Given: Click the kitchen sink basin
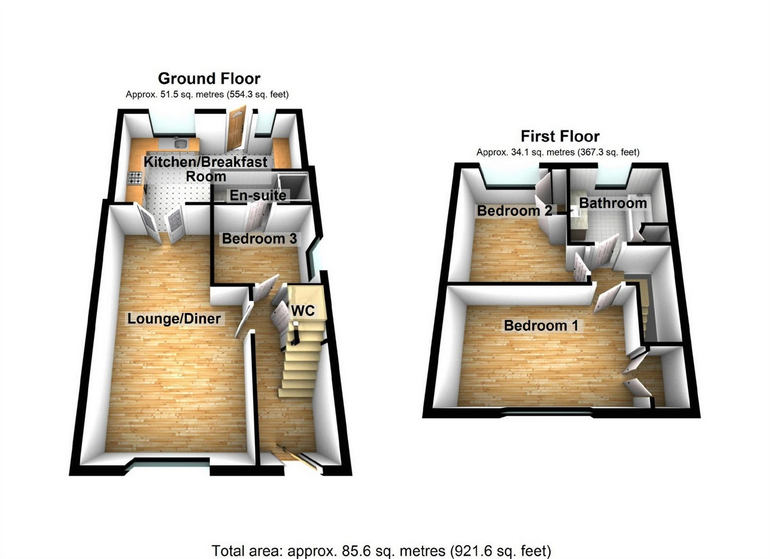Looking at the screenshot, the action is point(180,143).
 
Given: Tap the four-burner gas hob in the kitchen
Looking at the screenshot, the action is point(135,179).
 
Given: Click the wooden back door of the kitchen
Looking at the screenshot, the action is point(236,128).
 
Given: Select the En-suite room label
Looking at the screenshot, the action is point(258,196).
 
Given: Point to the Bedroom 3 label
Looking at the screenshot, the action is point(260,238).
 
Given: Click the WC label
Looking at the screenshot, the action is point(303,311).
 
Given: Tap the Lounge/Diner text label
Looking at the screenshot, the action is point(174,318).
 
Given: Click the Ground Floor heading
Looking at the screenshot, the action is point(209,78).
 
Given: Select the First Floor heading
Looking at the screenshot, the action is point(560,136).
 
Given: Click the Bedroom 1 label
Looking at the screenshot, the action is point(541,326).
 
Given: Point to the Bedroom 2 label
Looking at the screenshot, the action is point(514,210).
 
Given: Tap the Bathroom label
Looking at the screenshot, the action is point(613,203).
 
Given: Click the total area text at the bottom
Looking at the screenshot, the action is point(381,551).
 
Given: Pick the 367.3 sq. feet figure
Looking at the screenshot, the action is point(608,152).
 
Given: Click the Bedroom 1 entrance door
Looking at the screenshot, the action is point(608,298).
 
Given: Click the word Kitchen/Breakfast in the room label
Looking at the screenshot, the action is point(205,162).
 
